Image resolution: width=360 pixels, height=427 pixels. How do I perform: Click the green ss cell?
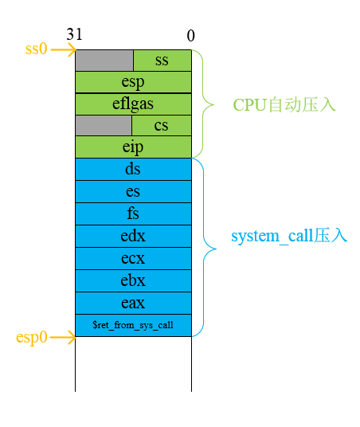[x=162, y=61]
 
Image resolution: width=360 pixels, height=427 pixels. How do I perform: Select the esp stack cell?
[x=133, y=82]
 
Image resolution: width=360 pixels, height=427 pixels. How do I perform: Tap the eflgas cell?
[x=133, y=104]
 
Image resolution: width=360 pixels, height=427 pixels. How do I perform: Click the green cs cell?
[x=162, y=125]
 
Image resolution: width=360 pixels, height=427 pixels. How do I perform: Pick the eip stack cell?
[x=133, y=147]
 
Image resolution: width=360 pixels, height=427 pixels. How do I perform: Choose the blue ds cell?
[x=133, y=169]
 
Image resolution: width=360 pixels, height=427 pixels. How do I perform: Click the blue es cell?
[x=133, y=191]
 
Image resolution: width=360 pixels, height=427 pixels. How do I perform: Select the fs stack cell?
[x=133, y=213]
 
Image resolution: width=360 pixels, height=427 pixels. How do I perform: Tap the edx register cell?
[x=133, y=236]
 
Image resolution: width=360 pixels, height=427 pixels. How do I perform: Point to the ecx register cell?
[x=133, y=258]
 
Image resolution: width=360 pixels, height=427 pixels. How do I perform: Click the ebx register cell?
[x=133, y=280]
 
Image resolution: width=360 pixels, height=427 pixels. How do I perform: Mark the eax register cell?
[x=133, y=303]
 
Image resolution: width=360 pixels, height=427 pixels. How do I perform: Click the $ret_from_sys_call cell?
[x=133, y=325]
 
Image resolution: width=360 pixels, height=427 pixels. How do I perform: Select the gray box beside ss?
[x=104, y=61]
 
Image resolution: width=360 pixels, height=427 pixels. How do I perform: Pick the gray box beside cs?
[x=103, y=125]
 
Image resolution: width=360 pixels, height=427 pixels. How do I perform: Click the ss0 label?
[x=37, y=49]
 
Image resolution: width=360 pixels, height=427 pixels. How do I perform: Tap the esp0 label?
[x=32, y=337]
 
